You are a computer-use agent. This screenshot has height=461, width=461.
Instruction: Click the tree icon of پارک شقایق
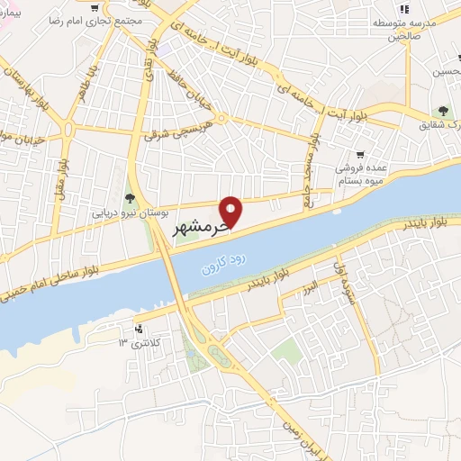point(443,111)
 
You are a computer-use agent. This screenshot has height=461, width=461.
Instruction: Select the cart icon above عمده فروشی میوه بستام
point(360,154)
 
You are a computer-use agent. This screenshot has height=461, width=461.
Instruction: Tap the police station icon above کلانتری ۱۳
point(139,329)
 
